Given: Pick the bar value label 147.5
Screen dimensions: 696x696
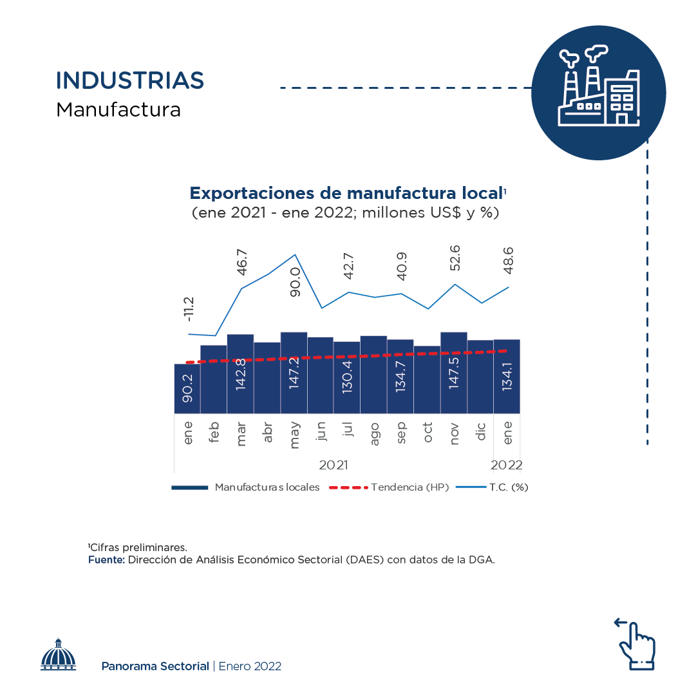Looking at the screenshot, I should click(454, 388).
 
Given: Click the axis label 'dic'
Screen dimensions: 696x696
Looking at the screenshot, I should click(481, 431).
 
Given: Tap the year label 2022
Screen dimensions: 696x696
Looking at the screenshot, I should click(507, 466).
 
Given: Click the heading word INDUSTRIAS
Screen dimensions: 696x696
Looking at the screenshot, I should click(130, 80).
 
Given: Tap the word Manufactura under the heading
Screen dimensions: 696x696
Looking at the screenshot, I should click(118, 109).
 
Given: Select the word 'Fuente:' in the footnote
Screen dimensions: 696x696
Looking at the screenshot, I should click(106, 560).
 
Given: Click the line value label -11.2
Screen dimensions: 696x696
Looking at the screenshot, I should click(188, 309).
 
